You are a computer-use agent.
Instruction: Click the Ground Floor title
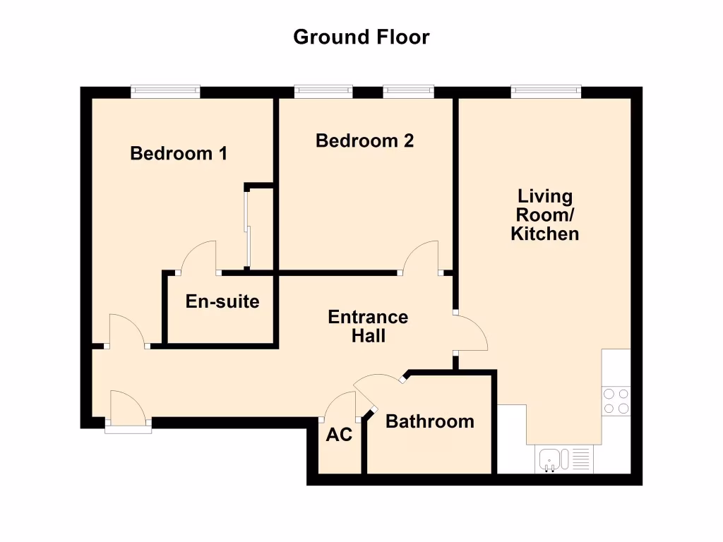pyautogui.click(x=361, y=37)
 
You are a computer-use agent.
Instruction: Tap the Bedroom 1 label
pyautogui.click(x=179, y=153)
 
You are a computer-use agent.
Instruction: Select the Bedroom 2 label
pyautogui.click(x=364, y=140)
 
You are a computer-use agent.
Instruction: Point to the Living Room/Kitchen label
pyautogui.click(x=544, y=215)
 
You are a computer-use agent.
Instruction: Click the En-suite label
pyautogui.click(x=222, y=302)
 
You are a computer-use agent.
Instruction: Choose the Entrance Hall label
pyautogui.click(x=368, y=326)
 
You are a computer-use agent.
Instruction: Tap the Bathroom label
pyautogui.click(x=429, y=421)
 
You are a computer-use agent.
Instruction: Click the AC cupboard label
pyautogui.click(x=339, y=435)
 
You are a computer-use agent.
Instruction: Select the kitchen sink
pyautogui.click(x=550, y=460)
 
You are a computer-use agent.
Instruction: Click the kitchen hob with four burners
pyautogui.click(x=615, y=401)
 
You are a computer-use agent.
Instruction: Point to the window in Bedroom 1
pyautogui.click(x=166, y=91)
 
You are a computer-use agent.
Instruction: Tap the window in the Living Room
pyautogui.click(x=546, y=91)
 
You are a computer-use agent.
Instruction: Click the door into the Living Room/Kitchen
pyautogui.click(x=471, y=332)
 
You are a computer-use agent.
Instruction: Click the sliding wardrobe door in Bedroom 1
pyautogui.click(x=246, y=227)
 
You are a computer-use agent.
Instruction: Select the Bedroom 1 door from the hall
pyautogui.click(x=126, y=330)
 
